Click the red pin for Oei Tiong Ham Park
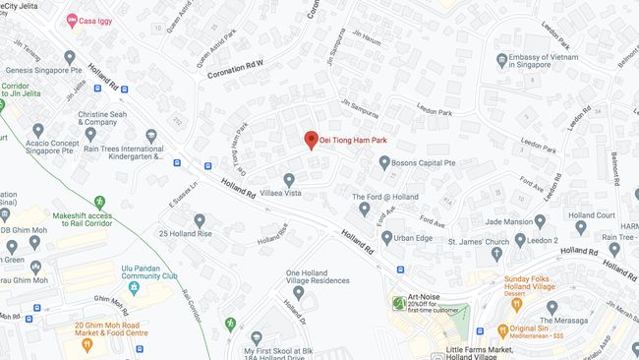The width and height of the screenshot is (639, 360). click(x=311, y=140)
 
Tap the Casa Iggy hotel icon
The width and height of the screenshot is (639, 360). click(x=72, y=21)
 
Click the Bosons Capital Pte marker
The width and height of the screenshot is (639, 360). click(x=384, y=161)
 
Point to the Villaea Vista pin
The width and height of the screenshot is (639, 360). click(x=288, y=180)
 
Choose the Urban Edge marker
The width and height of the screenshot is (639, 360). click(x=385, y=237)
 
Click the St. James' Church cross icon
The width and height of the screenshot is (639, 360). click(x=494, y=240)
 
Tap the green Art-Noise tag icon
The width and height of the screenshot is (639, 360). click(x=398, y=302)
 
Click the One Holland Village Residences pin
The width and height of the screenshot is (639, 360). click(x=298, y=292)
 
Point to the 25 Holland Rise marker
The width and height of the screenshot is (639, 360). click(x=199, y=220)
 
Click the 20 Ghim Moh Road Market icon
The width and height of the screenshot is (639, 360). click(x=87, y=344)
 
